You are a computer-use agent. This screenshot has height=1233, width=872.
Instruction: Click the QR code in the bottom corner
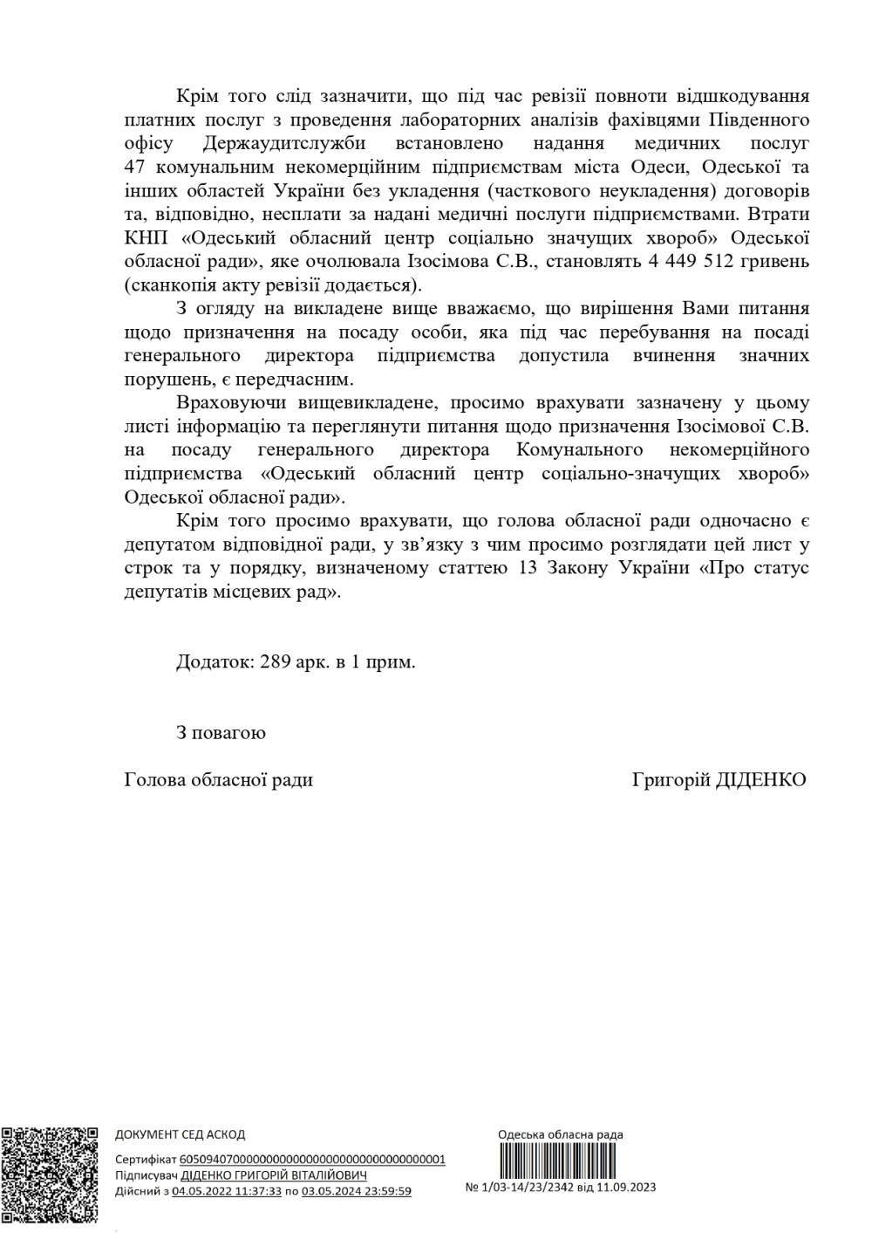click(x=49, y=1175)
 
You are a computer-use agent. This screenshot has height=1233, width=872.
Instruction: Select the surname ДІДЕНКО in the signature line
click(x=760, y=779)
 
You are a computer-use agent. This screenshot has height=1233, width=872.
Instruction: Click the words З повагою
click(x=221, y=732)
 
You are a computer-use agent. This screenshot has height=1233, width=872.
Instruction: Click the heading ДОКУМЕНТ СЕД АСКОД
click(x=181, y=1134)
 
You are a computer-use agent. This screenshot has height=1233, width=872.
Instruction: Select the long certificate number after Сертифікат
click(x=312, y=1160)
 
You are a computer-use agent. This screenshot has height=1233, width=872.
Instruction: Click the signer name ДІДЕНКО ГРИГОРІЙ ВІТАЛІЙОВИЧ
click(x=274, y=1175)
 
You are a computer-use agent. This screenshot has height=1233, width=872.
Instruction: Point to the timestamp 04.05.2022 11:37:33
click(x=227, y=1191)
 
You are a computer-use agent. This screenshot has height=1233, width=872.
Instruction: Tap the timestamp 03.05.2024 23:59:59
click(x=356, y=1191)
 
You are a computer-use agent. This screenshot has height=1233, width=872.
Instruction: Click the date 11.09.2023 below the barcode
click(x=626, y=1187)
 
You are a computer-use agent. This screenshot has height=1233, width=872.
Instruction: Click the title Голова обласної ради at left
click(x=218, y=779)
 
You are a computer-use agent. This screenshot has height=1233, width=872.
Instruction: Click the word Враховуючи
click(x=232, y=403)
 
